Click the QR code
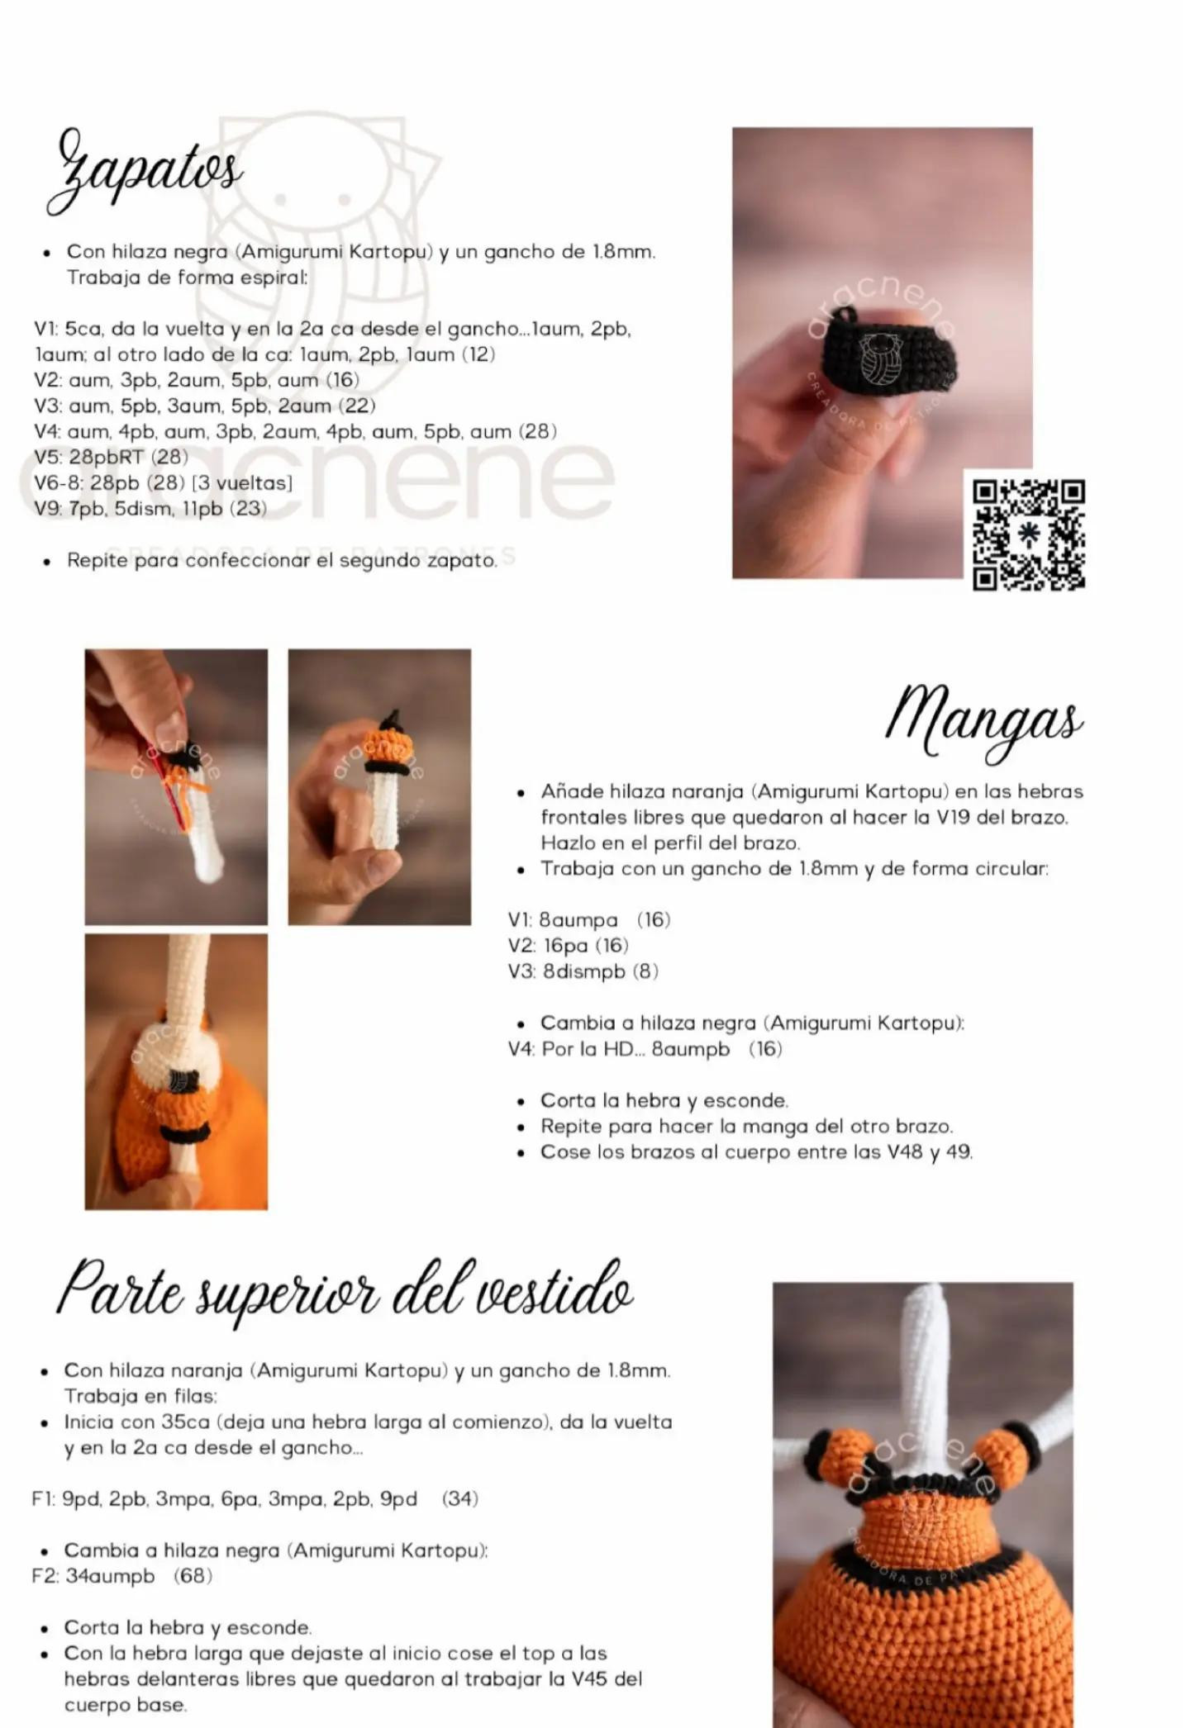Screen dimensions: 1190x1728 coord(1029,534)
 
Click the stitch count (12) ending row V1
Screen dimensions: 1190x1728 coord(478,354)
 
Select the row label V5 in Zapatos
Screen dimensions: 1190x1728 coord(48,457)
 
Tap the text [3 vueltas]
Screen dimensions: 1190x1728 coord(242,482)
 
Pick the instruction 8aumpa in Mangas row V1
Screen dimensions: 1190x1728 coord(578,920)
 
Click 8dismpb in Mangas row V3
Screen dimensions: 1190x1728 coord(583,971)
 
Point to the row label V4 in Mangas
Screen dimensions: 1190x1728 coord(522,1049)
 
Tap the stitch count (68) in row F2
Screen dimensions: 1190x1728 coord(193,1576)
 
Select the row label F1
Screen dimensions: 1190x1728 coord(43,1498)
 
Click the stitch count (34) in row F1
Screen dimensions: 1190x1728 coord(460,1498)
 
